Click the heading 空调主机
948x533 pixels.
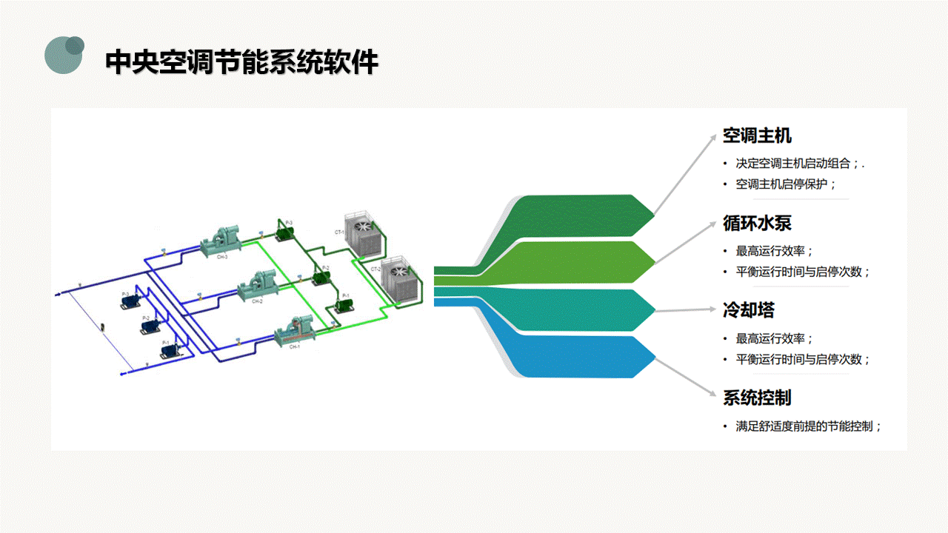pos(757,136)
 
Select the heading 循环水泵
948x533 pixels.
pos(757,223)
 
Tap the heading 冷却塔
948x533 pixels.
pos(748,310)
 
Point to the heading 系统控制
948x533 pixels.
pos(757,398)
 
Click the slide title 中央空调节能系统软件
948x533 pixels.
pos(241,62)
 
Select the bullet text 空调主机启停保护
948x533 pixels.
pos(785,184)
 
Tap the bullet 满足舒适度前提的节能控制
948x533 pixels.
pos(808,426)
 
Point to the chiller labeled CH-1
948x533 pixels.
pos(296,330)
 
